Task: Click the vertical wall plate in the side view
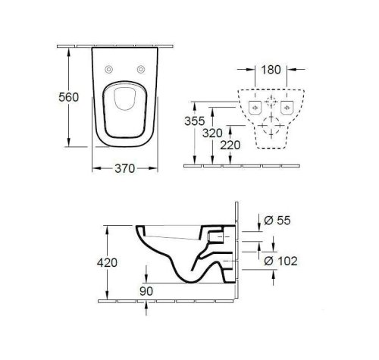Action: click(236, 250)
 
